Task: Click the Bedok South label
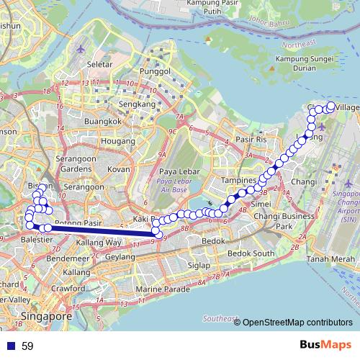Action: tap(251, 253)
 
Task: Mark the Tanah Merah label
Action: tap(328, 259)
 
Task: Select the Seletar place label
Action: tap(99, 65)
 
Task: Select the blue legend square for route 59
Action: tap(10, 346)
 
